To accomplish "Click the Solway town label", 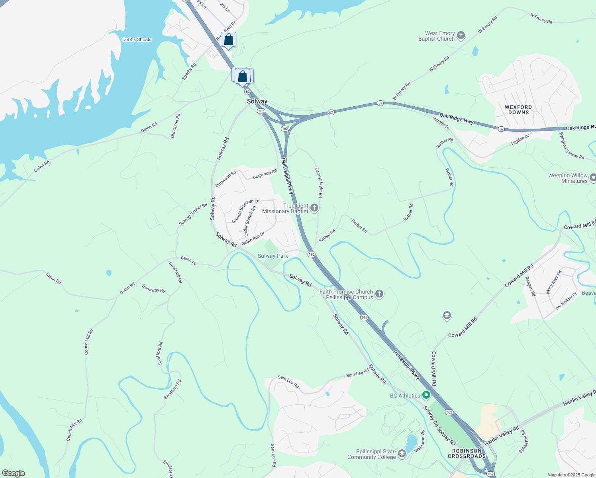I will pyautogui.click(x=257, y=102).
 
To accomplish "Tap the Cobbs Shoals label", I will pyautogui.click(x=137, y=39).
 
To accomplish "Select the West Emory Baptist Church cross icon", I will pyautogui.click(x=461, y=36).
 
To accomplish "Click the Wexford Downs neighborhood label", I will pyautogui.click(x=518, y=110).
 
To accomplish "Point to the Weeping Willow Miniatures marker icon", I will pyautogui.click(x=593, y=178).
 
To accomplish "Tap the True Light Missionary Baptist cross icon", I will pyautogui.click(x=314, y=208).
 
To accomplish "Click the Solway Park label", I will pyautogui.click(x=273, y=256).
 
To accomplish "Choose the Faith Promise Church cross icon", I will pyautogui.click(x=379, y=294).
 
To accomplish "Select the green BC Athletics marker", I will pyautogui.click(x=426, y=395).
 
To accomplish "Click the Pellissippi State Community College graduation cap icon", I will pyautogui.click(x=402, y=453).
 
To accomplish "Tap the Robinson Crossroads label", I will pyautogui.click(x=467, y=454).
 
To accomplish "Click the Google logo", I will pyautogui.click(x=14, y=473).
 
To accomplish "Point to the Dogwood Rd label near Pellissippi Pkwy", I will pyautogui.click(x=265, y=174).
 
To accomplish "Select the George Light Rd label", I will pyautogui.click(x=319, y=182).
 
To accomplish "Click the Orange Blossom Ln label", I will pyautogui.click(x=245, y=211).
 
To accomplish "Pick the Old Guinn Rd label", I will pyautogui.click(x=175, y=126).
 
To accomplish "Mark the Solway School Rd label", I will pyautogui.click(x=193, y=215).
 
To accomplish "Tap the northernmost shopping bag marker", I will pyautogui.click(x=228, y=40).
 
